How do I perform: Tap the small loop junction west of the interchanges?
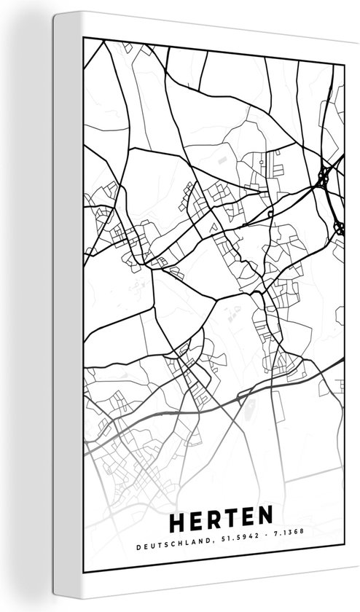click(x=270, y=214)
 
